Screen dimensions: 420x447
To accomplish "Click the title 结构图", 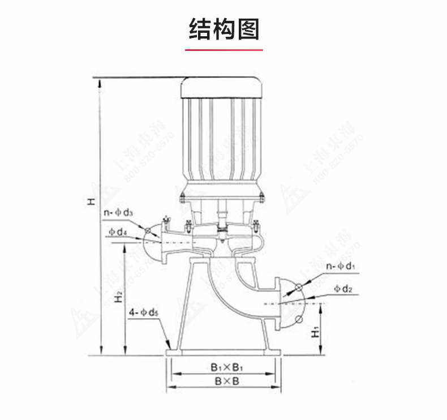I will (x=223, y=29).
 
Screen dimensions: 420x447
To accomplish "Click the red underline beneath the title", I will (x=223, y=50).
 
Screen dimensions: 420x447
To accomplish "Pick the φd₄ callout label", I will (x=118, y=232).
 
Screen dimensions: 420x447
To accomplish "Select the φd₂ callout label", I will (x=343, y=289).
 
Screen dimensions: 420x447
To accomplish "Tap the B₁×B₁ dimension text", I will (x=223, y=367).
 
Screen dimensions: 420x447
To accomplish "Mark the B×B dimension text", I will (x=223, y=382).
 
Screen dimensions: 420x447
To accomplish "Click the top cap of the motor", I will (x=221, y=88).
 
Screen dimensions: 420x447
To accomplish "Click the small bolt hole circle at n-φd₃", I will (x=147, y=230).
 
